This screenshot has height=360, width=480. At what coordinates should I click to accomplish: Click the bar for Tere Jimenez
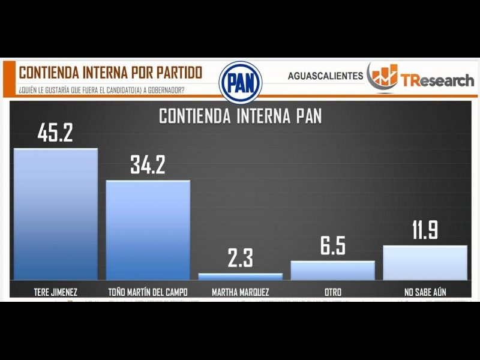55,214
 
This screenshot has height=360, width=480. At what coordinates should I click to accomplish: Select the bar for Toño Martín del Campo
148,230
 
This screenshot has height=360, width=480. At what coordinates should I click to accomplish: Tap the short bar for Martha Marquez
241,277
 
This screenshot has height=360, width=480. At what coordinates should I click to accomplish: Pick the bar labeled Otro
333,271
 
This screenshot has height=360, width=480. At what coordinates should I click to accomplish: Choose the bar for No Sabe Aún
425,263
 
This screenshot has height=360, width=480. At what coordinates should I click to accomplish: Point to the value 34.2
148,165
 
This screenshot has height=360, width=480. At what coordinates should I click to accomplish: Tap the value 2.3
241,259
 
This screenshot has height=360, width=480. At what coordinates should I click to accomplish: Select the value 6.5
333,246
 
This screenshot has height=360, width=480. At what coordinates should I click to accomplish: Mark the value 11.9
425,230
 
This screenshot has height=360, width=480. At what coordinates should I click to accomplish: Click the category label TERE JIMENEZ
55,292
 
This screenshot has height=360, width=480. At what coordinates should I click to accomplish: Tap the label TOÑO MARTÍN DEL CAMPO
148,292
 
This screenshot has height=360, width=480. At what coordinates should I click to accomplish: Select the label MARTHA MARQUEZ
241,292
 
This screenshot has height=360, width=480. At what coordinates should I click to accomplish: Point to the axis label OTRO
333,292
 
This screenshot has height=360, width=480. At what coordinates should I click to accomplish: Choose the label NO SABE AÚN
425,292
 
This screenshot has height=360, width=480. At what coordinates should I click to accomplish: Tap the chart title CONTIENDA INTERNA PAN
240,116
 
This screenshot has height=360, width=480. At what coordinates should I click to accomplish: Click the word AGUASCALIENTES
325,76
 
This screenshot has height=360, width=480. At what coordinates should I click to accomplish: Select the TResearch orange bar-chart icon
383,76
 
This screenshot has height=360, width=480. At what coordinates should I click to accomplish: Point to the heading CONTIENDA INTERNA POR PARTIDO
110,73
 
